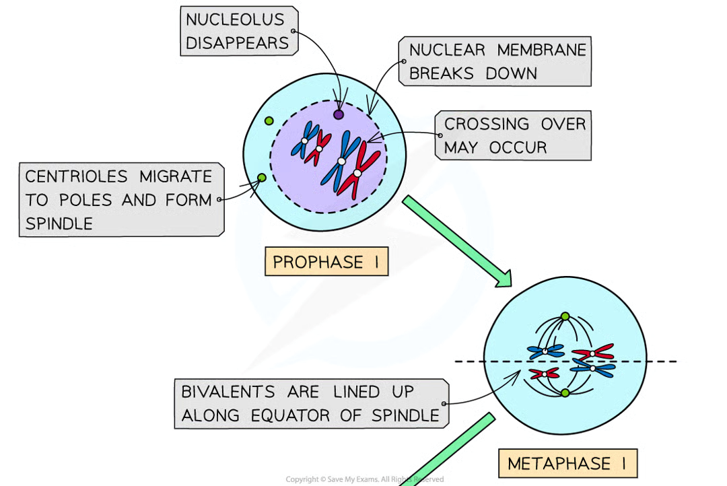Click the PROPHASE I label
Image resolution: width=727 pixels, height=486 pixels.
[x=326, y=263]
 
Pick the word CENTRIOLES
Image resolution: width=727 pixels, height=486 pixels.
[x=75, y=177]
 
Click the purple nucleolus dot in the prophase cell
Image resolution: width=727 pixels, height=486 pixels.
[x=339, y=114]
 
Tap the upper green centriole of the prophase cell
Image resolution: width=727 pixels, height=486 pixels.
[x=269, y=120]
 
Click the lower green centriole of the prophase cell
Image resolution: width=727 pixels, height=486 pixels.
[x=262, y=178]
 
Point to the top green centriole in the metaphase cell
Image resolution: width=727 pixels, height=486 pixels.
[x=565, y=316]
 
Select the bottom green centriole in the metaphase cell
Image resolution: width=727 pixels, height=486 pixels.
[x=565, y=392]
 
